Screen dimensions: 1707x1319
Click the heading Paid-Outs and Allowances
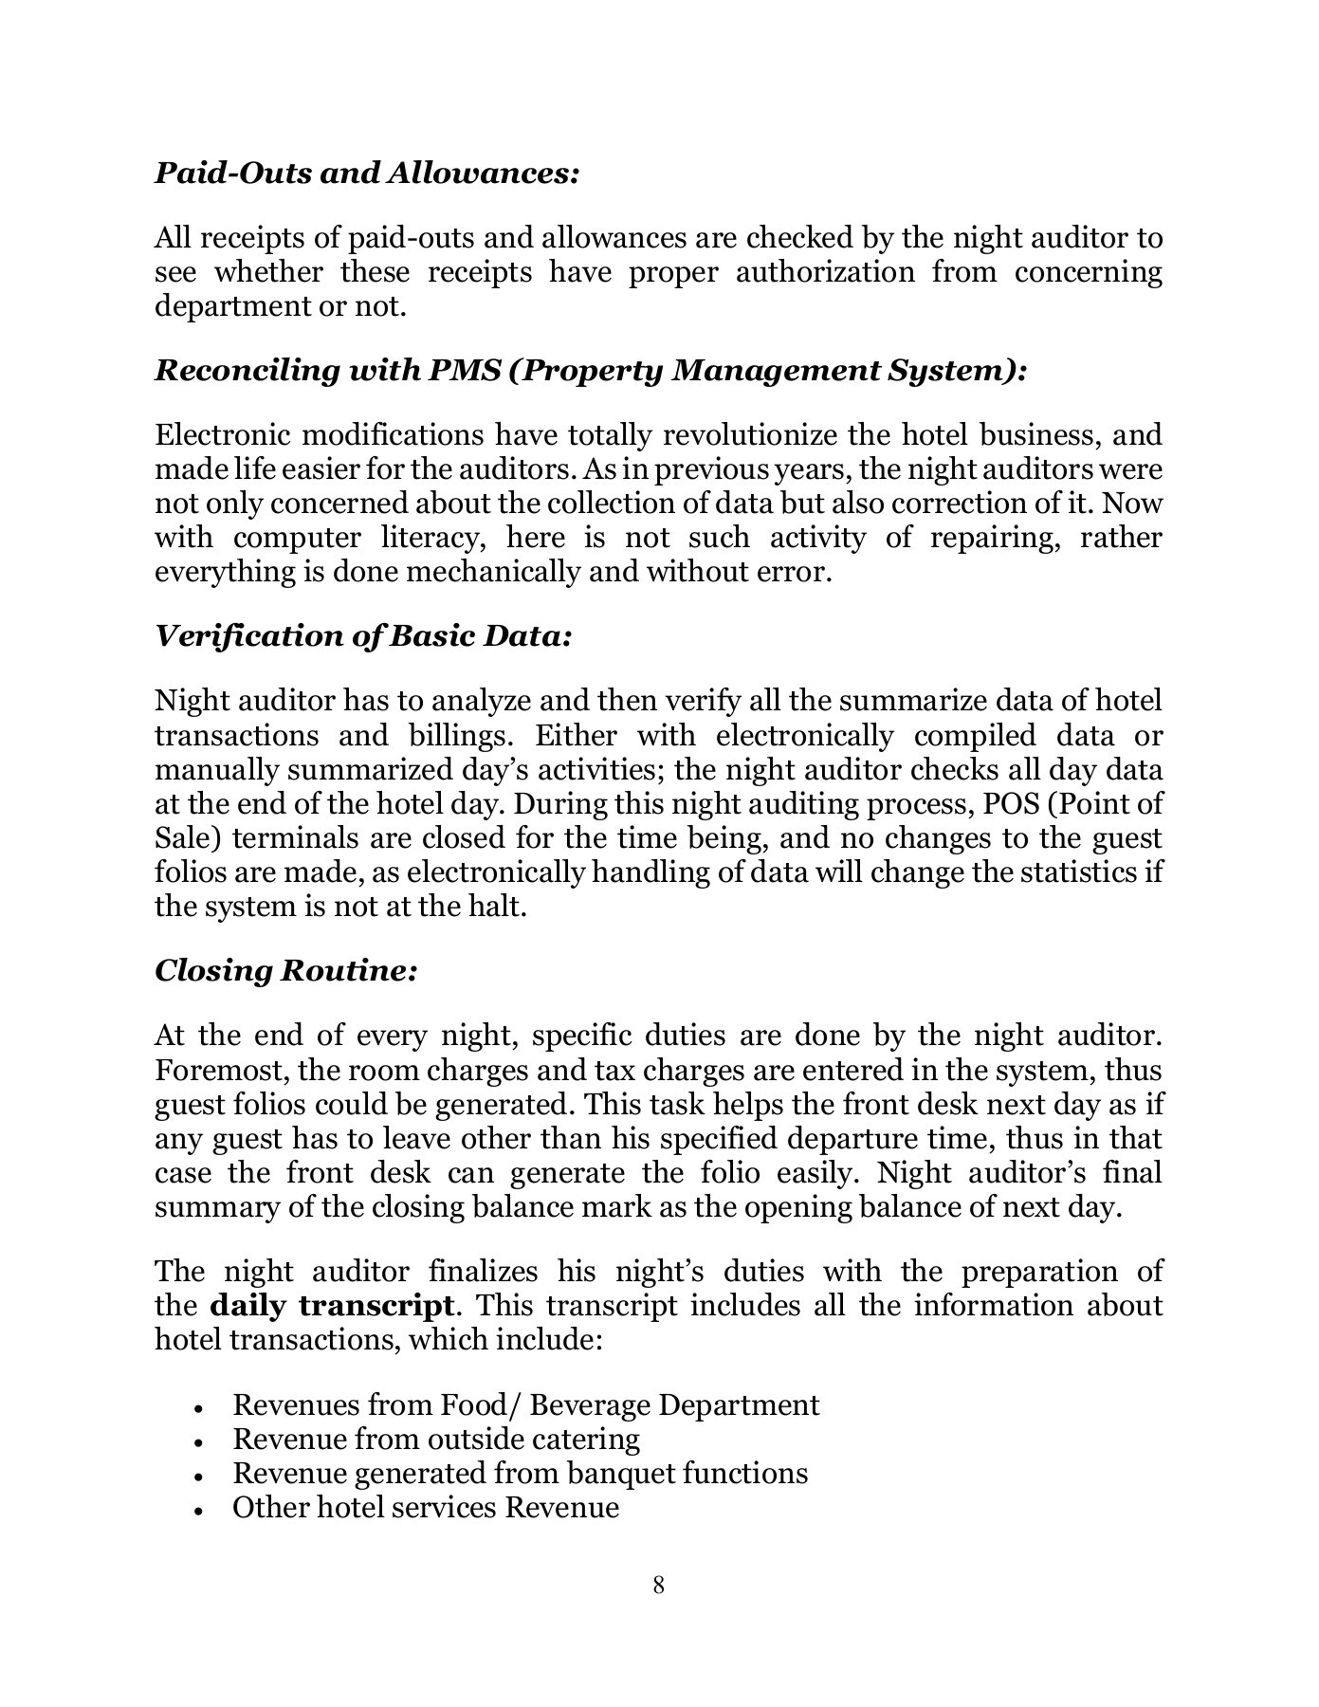click(366, 174)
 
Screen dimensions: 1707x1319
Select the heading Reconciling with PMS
click(590, 370)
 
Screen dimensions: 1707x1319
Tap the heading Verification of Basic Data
click(363, 635)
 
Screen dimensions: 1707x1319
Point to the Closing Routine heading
click(285, 971)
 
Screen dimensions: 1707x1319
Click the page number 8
click(659, 1585)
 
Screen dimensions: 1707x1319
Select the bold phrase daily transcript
click(331, 1306)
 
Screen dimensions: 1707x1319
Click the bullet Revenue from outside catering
click(436, 1440)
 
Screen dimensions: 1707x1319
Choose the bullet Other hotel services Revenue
click(426, 1508)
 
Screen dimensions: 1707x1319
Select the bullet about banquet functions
click(520, 1474)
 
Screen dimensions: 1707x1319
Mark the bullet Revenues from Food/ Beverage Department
click(525, 1405)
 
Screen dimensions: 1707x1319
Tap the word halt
click(500, 907)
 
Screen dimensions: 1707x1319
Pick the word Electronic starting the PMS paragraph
click(220, 435)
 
